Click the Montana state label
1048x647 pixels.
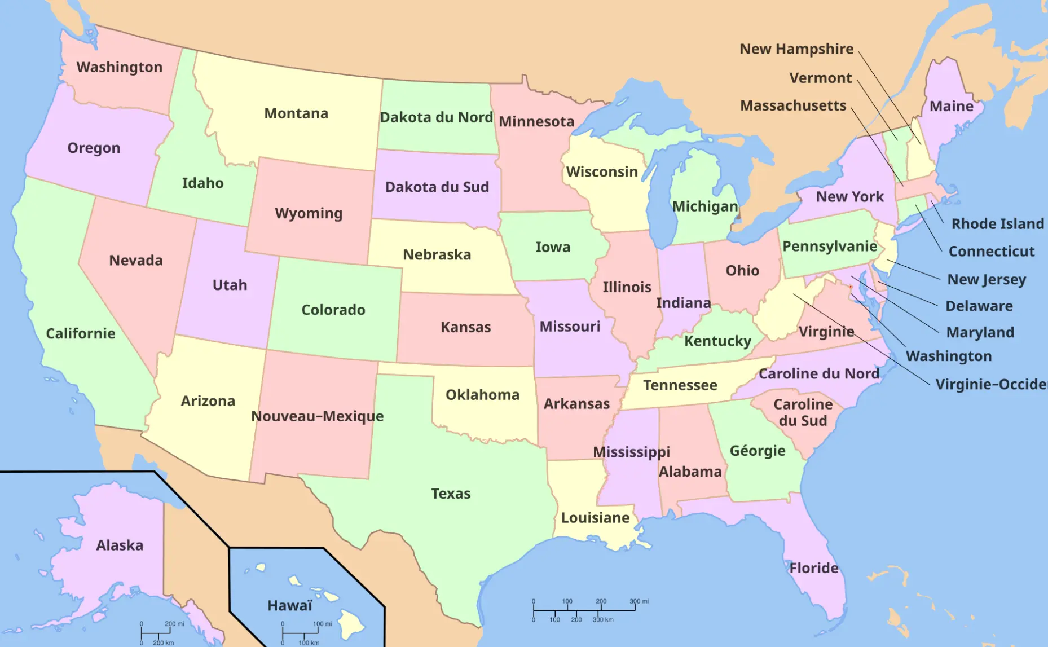(296, 113)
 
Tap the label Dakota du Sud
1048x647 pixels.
(437, 187)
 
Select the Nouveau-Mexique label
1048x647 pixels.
(317, 416)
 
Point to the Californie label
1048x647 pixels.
(80, 333)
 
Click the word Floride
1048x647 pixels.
(813, 568)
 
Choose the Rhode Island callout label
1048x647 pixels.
(997, 224)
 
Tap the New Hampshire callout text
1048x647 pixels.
(796, 49)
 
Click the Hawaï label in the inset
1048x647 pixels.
(289, 606)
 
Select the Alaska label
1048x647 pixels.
(120, 545)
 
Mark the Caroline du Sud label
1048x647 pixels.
(803, 412)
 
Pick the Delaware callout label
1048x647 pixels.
(979, 306)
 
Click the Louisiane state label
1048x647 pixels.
(595, 518)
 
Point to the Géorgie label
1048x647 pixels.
(757, 451)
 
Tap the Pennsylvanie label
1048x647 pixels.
(829, 247)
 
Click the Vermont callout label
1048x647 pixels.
(820, 78)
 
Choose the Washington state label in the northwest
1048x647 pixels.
(119, 67)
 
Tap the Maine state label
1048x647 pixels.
(951, 106)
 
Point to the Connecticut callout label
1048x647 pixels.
(991, 252)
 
